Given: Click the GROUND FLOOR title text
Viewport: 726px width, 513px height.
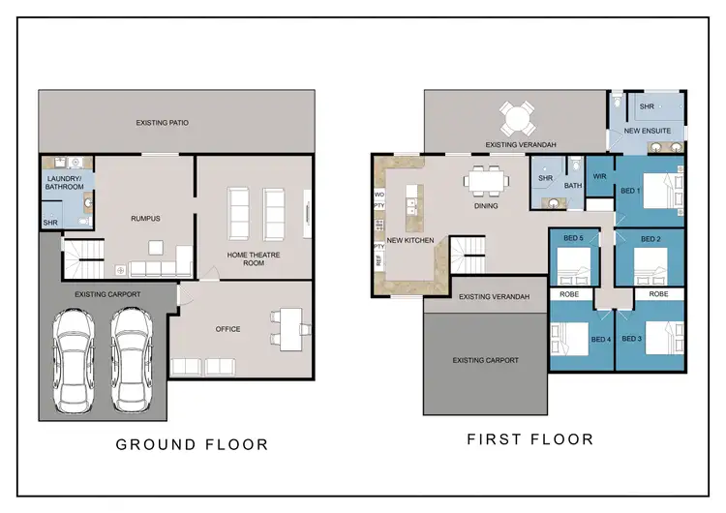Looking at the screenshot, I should (x=192, y=444).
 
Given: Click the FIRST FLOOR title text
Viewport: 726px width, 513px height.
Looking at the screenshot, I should (x=529, y=439).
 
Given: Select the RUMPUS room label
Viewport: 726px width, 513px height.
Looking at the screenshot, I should (x=145, y=219).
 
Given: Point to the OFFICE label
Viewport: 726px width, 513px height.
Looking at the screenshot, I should (x=227, y=329).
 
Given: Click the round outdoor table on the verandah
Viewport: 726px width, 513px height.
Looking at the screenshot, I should (x=517, y=120).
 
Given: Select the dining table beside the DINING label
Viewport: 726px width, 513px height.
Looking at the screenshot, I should (x=483, y=180).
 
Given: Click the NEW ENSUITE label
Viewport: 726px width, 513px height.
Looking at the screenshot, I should (x=646, y=130).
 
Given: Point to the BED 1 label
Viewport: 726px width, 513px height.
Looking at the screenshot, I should (x=630, y=191).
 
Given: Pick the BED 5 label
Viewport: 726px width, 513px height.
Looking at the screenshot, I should (x=573, y=238).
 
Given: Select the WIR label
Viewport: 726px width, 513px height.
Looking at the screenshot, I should (x=599, y=176).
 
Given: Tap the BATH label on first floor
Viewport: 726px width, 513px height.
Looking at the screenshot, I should (x=572, y=185).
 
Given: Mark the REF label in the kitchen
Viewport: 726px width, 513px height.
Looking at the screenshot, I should (x=378, y=260).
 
